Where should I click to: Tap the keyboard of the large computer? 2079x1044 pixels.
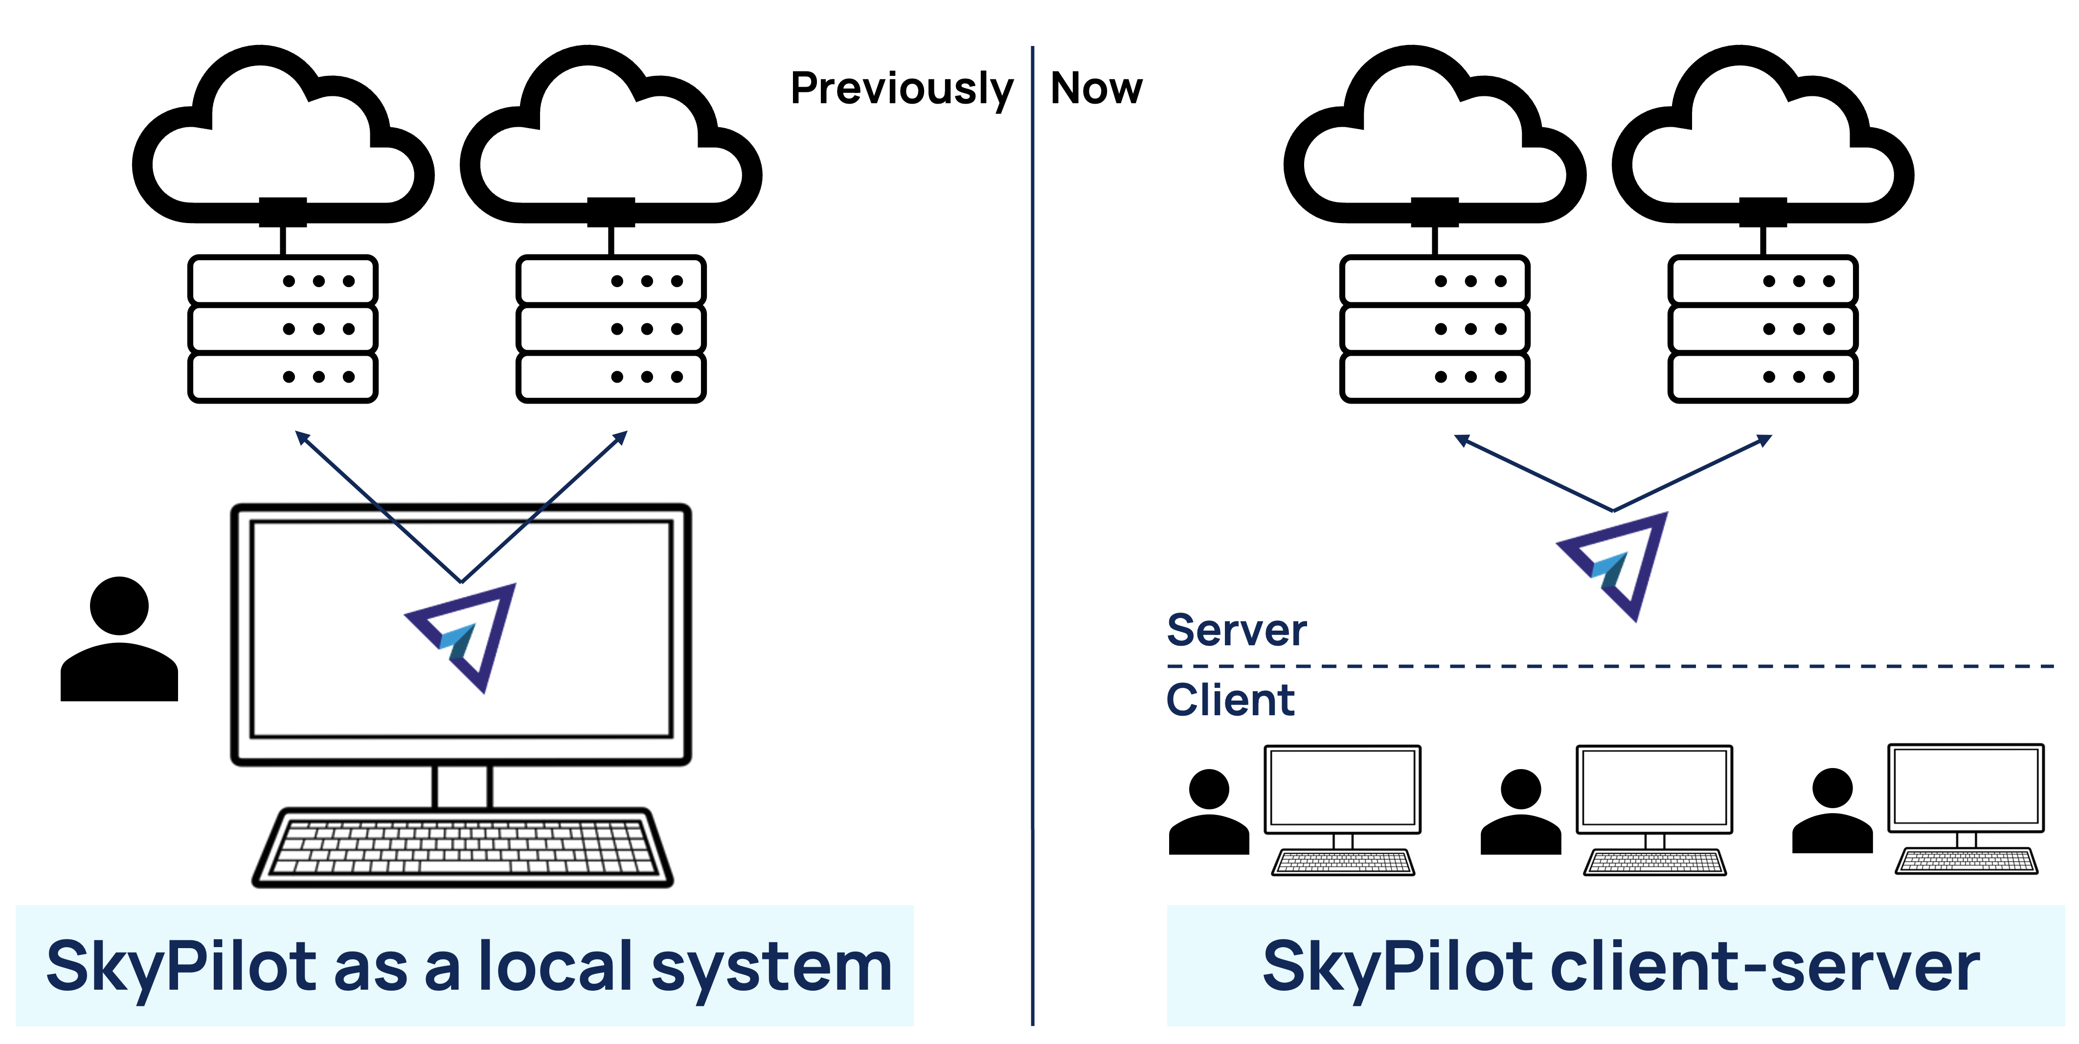462,848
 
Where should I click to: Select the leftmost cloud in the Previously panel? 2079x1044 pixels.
282,137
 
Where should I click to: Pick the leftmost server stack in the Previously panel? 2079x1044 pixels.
282,329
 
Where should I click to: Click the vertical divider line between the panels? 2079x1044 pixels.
1032,533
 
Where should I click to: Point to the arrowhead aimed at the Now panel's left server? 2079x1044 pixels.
1461,440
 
